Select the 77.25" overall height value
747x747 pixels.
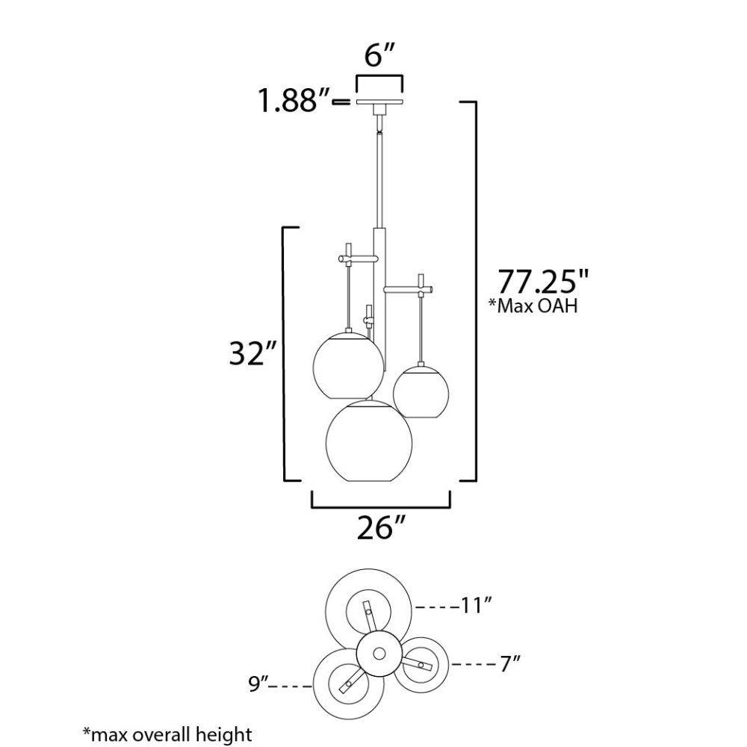(544, 282)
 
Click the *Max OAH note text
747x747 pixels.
(533, 306)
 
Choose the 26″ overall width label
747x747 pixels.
(381, 528)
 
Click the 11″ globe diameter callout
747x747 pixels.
(475, 606)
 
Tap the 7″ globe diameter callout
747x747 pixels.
(509, 663)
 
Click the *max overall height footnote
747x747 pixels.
(167, 734)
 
